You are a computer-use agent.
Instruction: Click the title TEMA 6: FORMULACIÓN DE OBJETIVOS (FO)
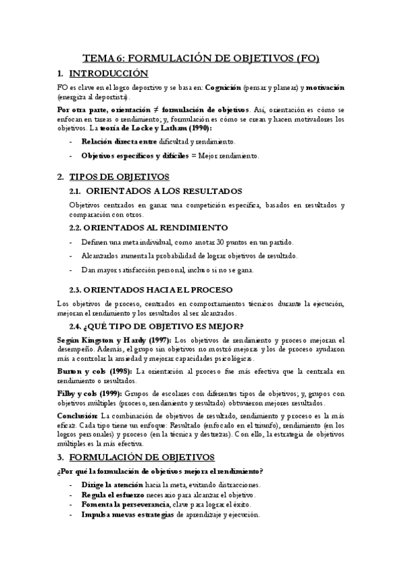coord(200,58)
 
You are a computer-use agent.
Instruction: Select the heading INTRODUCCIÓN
coord(108,73)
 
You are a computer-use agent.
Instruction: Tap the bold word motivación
coord(321,88)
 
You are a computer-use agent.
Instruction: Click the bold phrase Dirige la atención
coord(113,484)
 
